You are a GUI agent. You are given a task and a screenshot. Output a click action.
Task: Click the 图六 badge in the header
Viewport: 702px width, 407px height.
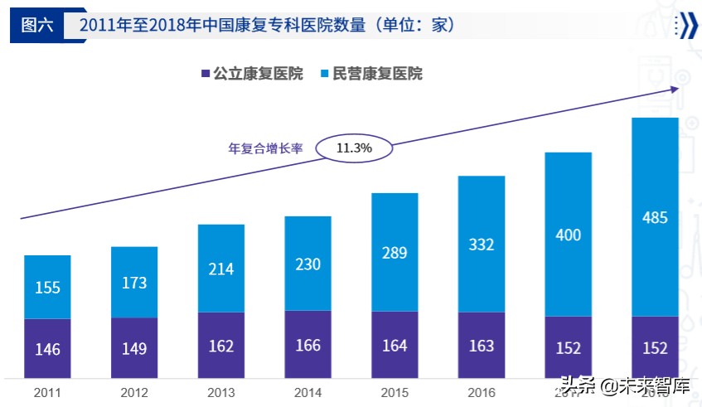click(x=36, y=25)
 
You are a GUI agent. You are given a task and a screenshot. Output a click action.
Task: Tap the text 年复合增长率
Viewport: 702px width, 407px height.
click(x=265, y=149)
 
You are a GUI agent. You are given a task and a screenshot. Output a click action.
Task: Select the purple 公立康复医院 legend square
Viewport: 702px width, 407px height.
click(x=205, y=75)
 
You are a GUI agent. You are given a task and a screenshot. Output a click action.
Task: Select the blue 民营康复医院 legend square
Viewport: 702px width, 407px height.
click(x=324, y=75)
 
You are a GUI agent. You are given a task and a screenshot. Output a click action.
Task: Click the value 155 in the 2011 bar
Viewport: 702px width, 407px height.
click(x=47, y=288)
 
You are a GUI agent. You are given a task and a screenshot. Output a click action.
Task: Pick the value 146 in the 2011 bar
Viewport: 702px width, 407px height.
click(x=47, y=349)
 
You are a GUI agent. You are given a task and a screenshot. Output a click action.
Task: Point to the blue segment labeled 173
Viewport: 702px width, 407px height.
click(x=134, y=282)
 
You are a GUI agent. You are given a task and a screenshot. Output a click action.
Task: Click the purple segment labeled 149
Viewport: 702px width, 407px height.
click(x=134, y=347)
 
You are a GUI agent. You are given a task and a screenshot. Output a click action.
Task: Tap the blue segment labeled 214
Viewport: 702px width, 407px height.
click(x=221, y=269)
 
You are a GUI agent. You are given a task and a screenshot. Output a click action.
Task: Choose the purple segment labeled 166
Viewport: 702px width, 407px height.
click(x=307, y=344)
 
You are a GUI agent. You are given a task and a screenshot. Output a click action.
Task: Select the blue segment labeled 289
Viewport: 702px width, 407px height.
click(x=395, y=252)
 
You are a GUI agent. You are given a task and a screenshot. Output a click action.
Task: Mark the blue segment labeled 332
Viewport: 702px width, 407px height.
click(x=481, y=244)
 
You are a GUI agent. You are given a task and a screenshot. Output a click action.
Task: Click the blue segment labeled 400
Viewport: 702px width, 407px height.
click(x=568, y=235)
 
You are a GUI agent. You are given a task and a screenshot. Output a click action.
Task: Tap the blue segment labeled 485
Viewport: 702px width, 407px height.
click(x=655, y=217)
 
